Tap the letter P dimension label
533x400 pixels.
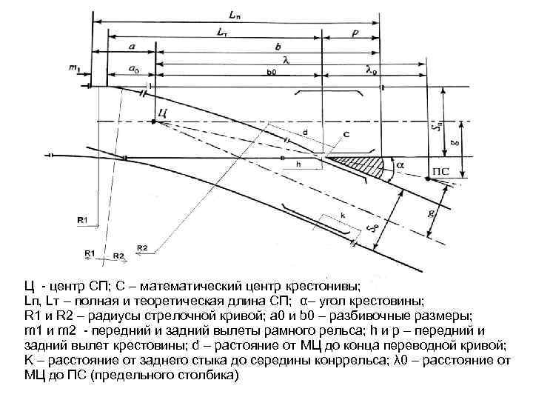355,34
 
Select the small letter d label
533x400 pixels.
305,132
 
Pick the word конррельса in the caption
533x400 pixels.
396,360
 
